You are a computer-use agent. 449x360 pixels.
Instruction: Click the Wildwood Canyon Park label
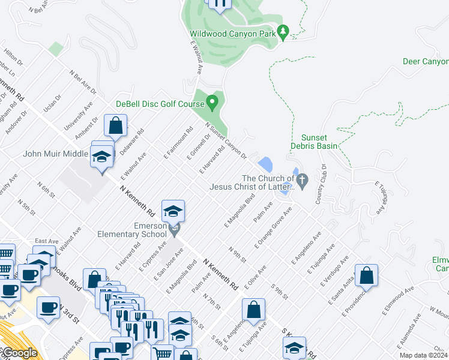coord(232,34)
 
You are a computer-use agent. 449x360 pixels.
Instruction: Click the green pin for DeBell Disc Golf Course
coord(211,103)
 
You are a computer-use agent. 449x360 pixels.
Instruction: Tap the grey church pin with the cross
coord(303,179)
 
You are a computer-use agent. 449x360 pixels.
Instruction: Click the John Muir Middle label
coord(55,154)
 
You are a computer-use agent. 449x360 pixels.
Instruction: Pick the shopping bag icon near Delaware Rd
coord(116,126)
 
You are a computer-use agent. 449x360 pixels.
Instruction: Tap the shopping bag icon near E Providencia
coord(367,276)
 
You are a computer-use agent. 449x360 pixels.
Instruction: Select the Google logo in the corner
coord(20,353)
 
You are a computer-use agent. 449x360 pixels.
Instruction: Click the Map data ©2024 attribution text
coord(423,355)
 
